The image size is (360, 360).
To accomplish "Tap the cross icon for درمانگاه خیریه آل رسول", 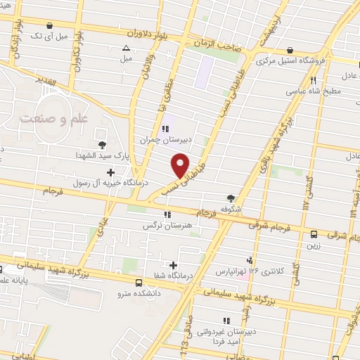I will coord(110,172).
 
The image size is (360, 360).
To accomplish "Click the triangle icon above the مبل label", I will coord(126,49).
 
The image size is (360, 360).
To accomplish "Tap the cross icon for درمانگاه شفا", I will coord(174,265).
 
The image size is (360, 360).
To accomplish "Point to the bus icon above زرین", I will coord(314,236).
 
